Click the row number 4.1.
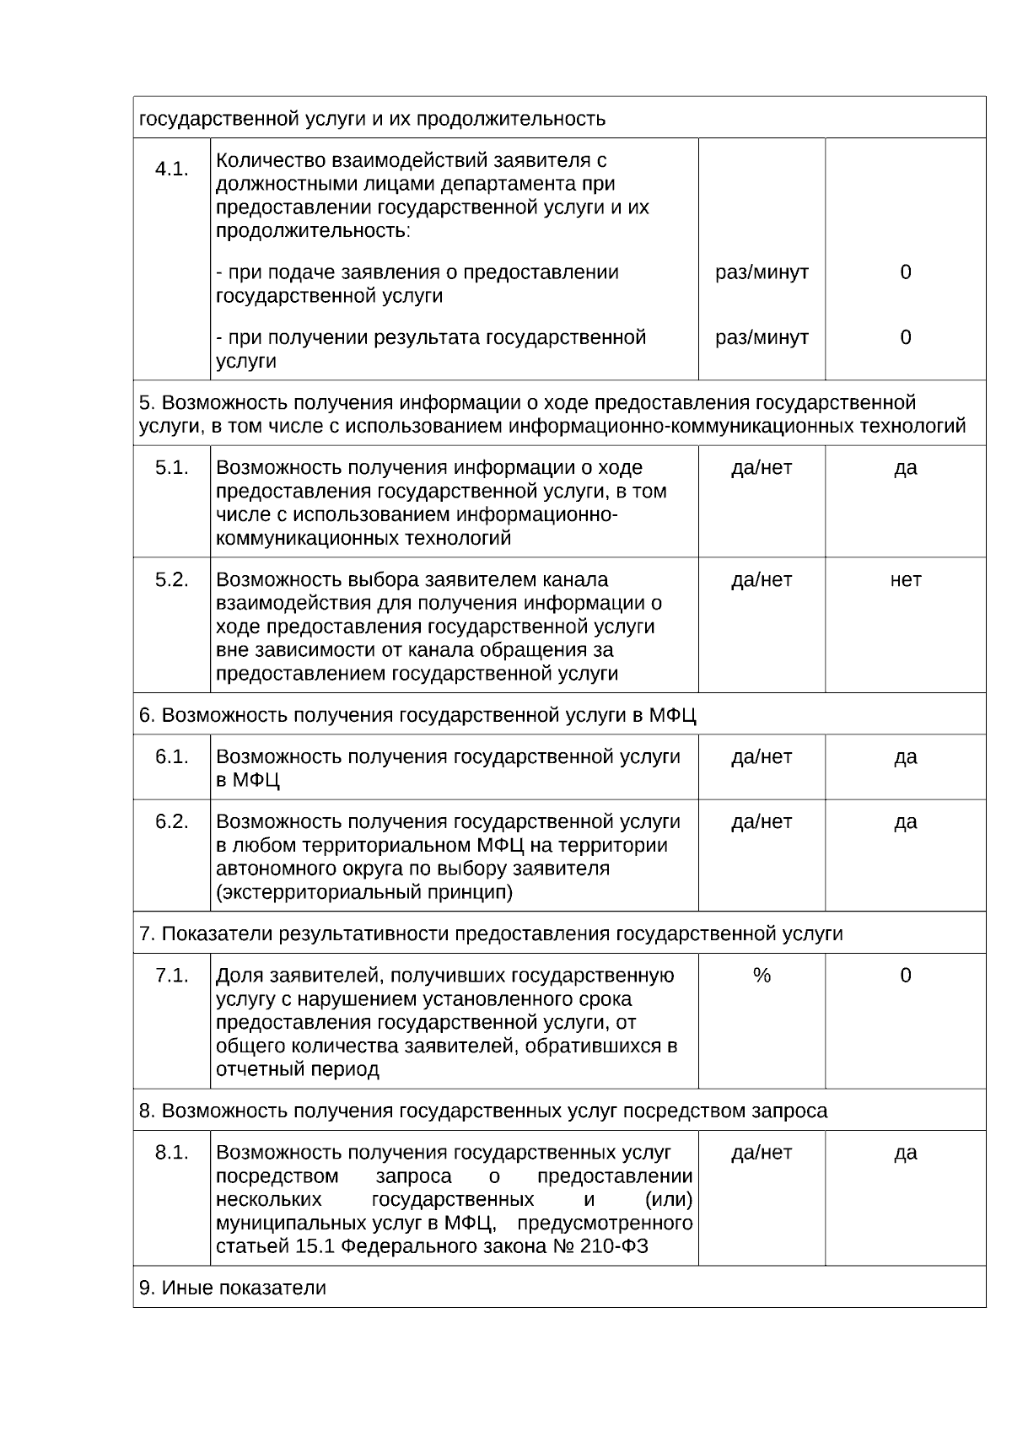click(x=171, y=169)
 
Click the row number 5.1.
click(x=171, y=468)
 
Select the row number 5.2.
click(x=171, y=580)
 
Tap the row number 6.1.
click(x=171, y=757)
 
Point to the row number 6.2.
click(x=171, y=822)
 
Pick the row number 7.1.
click(x=171, y=976)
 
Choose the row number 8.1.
click(x=171, y=1153)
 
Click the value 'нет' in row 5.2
click(x=905, y=580)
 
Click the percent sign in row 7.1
click(x=762, y=976)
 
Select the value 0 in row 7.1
click(x=905, y=976)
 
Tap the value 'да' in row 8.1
click(x=905, y=1153)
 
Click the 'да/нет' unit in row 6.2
click(x=762, y=822)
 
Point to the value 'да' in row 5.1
click(x=905, y=468)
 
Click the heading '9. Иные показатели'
click(x=233, y=1288)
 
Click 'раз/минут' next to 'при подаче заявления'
click(x=762, y=272)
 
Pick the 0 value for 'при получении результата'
click(x=905, y=337)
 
